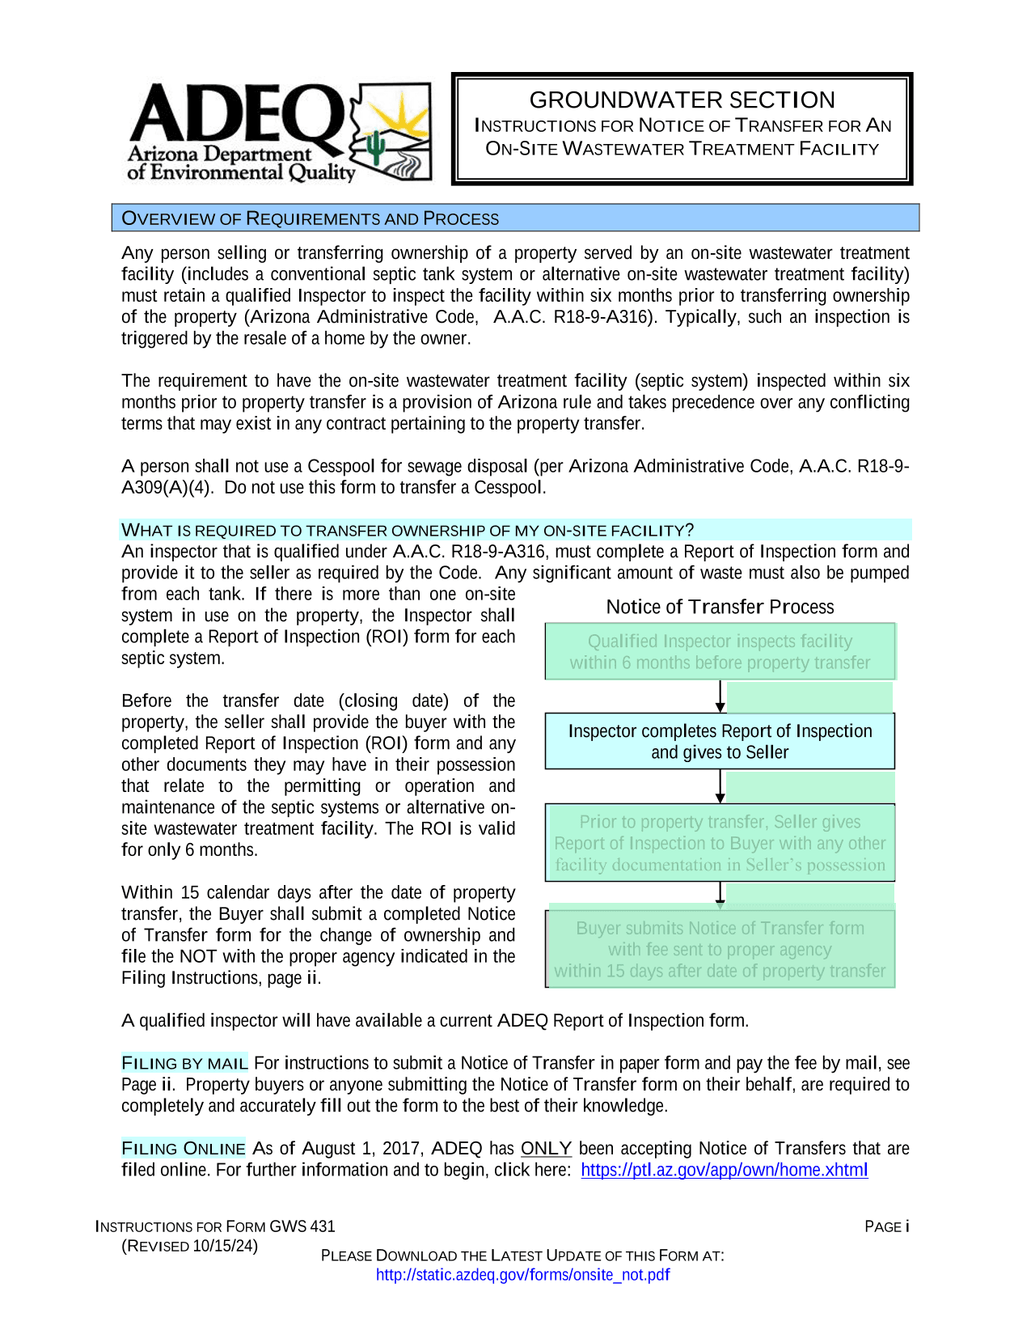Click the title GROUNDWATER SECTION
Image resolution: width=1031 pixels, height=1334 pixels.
click(682, 100)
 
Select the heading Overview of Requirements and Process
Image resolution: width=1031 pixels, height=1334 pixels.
click(310, 218)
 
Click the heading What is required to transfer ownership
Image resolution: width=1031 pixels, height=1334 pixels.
click(407, 530)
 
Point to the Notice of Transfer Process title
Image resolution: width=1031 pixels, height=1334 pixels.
click(720, 607)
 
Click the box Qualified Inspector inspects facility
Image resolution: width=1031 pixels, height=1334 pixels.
click(720, 651)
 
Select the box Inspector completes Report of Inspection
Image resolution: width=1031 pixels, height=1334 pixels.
click(720, 741)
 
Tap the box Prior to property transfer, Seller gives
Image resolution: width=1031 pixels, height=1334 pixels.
click(720, 843)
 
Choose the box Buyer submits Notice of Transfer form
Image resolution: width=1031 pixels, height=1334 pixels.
click(720, 949)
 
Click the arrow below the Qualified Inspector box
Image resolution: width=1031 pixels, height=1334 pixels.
click(720, 697)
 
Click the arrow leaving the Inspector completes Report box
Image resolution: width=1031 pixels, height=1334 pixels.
click(720, 786)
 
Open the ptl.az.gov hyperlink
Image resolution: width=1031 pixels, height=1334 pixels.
click(724, 1170)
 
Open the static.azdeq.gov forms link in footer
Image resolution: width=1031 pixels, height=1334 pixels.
click(522, 1275)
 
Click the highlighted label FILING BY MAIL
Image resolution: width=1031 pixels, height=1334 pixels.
click(184, 1063)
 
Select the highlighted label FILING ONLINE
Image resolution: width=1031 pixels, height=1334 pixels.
click(184, 1148)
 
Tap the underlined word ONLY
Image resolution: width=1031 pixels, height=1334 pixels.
click(546, 1148)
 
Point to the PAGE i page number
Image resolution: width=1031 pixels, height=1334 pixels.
click(886, 1226)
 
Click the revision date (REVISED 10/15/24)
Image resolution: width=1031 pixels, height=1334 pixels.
click(190, 1246)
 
